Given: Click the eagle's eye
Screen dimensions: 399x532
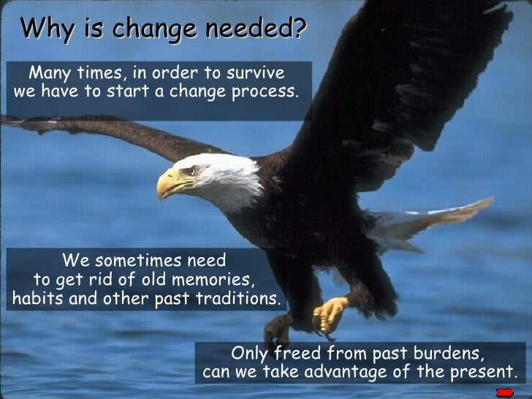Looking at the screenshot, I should (x=191, y=171).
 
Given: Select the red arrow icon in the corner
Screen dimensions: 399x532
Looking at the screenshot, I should (x=504, y=392).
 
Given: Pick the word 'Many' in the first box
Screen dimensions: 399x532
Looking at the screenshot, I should (x=50, y=73).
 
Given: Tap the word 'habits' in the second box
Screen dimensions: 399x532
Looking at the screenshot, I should (x=36, y=299).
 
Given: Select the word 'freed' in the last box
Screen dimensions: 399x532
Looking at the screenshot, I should (x=298, y=354).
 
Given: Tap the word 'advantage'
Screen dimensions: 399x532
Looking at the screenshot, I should (x=355, y=373).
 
